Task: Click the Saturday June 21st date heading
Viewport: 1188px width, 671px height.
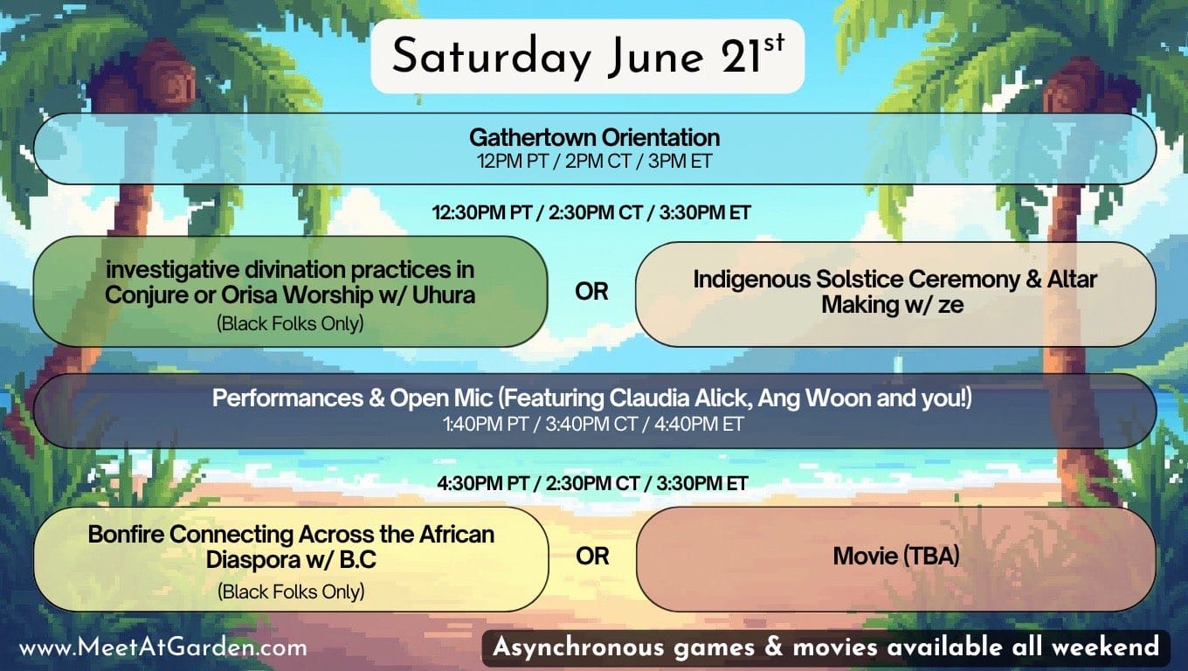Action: click(x=588, y=56)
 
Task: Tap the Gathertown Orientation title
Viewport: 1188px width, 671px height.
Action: click(x=594, y=138)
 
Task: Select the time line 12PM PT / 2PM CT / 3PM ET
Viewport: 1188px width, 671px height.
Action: click(x=594, y=162)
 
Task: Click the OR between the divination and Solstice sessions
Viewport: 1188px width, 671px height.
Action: click(x=591, y=292)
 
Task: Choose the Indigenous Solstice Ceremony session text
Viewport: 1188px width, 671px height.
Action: click(x=894, y=292)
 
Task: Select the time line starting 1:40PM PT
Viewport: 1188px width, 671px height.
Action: click(x=593, y=425)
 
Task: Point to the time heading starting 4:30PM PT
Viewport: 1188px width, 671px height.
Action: click(x=592, y=483)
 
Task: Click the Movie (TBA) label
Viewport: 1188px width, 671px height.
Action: click(x=896, y=557)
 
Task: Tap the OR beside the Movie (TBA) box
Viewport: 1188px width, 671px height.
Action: click(x=592, y=557)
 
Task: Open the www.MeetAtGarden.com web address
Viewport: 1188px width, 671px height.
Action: click(x=163, y=647)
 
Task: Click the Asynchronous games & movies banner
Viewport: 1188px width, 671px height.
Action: click(x=825, y=647)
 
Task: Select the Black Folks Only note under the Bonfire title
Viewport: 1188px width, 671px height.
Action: click(x=291, y=591)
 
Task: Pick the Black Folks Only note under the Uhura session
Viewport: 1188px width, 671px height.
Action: click(x=290, y=323)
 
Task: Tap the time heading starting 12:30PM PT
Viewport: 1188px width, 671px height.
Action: click(x=591, y=212)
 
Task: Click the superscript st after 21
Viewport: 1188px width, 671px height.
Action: click(x=774, y=43)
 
